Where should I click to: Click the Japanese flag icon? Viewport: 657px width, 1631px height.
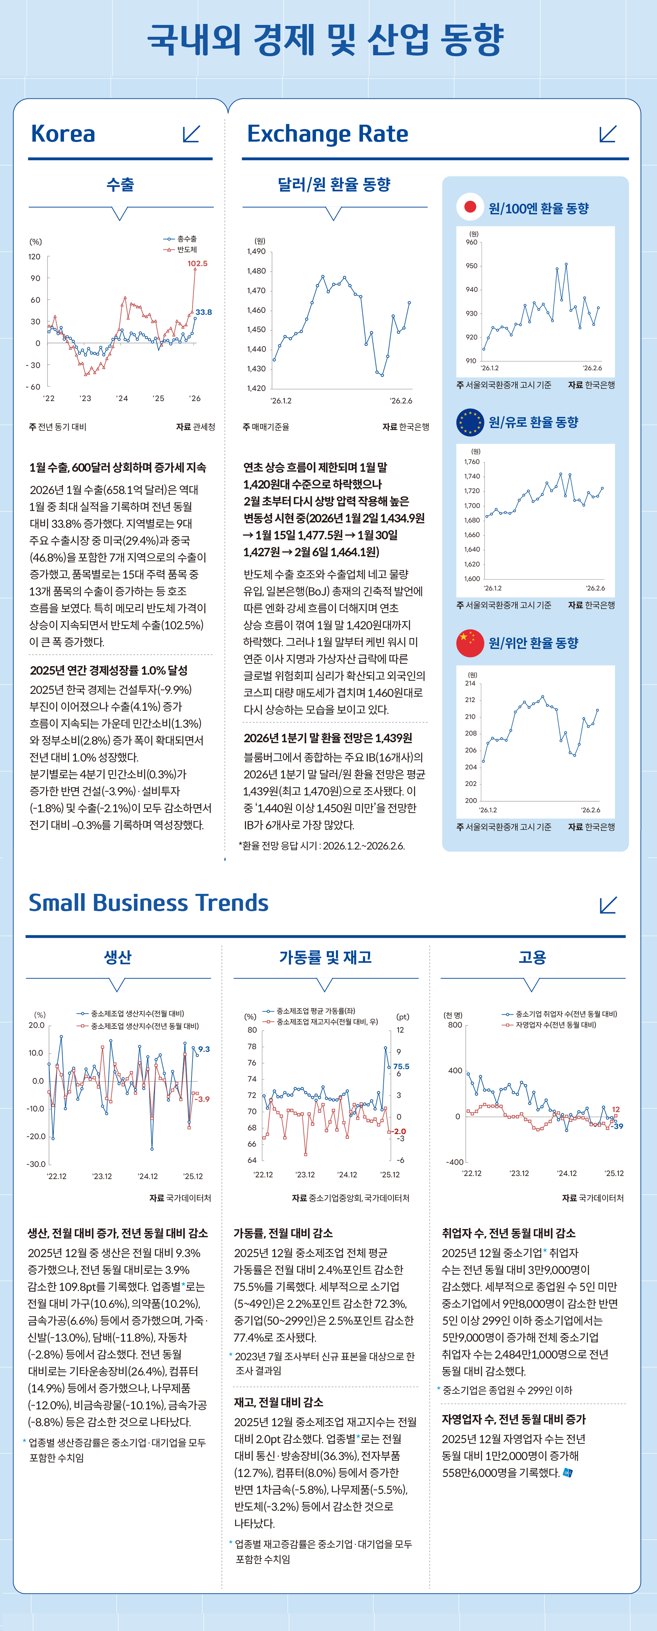[470, 207]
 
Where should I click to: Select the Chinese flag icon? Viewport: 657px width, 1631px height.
[470, 643]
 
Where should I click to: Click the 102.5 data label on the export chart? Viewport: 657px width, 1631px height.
[197, 264]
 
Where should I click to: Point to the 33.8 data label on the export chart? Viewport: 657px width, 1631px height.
[203, 312]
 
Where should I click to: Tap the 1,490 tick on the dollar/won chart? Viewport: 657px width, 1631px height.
[256, 251]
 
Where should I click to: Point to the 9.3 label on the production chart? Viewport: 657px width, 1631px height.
[204, 1049]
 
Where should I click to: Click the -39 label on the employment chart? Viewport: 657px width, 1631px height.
[617, 1126]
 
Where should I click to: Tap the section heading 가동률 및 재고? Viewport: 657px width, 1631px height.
[325, 957]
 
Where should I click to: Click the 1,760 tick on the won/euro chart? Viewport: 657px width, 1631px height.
[471, 462]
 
